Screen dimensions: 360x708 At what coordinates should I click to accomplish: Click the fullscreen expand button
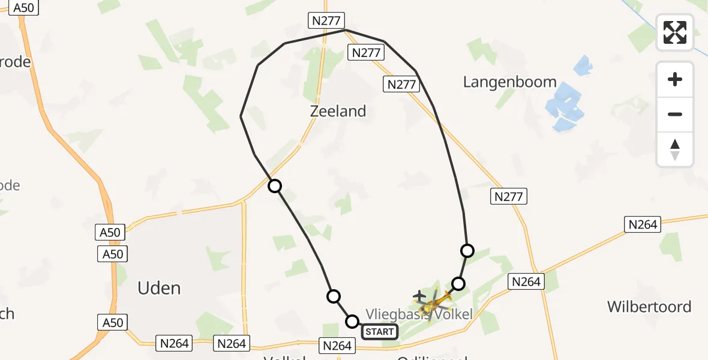(x=675, y=32)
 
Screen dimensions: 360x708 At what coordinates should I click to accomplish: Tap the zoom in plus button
(x=675, y=80)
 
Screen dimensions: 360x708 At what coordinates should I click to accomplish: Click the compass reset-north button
(x=675, y=149)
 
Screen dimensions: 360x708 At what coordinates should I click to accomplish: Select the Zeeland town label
(x=338, y=111)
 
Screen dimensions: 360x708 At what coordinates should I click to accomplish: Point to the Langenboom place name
(x=509, y=82)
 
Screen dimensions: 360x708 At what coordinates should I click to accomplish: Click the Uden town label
(x=159, y=289)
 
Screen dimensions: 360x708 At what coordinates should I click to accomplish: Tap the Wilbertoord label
(x=649, y=307)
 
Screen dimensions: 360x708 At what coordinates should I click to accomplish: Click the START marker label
(x=379, y=331)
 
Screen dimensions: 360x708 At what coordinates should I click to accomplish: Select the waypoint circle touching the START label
(x=352, y=322)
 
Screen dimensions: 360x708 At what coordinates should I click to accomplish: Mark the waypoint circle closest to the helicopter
(x=458, y=283)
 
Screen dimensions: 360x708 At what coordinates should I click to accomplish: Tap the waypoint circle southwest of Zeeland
(x=275, y=186)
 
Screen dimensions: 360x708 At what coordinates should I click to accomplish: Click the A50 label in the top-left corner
(x=23, y=8)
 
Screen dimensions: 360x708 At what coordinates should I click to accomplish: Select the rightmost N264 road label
(x=643, y=224)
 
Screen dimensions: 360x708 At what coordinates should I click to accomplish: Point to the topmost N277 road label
(x=326, y=20)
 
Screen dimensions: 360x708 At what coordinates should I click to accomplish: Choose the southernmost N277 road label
(x=509, y=196)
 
